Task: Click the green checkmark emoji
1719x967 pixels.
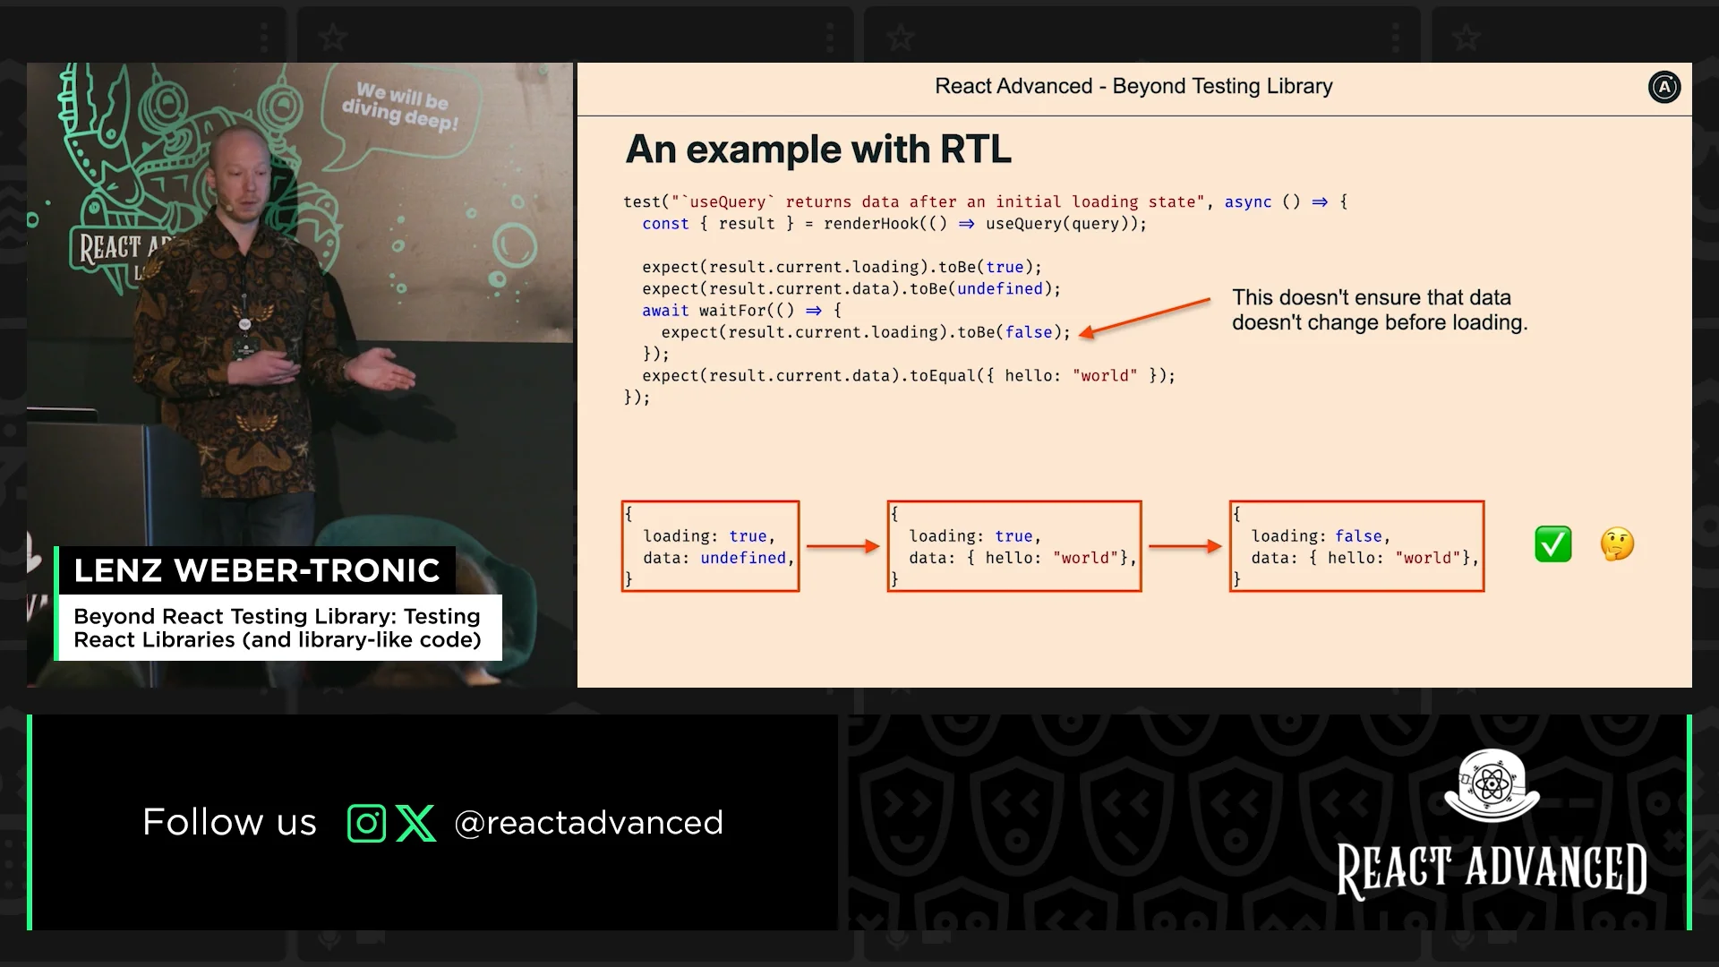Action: [1553, 544]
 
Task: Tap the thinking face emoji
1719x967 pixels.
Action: [1617, 544]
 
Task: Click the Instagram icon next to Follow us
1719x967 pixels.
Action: [366, 823]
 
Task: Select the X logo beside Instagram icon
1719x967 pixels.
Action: [415, 823]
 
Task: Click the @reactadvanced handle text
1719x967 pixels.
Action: [588, 823]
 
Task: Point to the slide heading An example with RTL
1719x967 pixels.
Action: [818, 150]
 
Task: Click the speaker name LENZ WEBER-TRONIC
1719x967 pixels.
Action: [257, 570]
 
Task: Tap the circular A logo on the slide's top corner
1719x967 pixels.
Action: [1664, 87]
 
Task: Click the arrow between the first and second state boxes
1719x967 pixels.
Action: [843, 546]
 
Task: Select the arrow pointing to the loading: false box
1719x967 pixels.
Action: [1185, 546]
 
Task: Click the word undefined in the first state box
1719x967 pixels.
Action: [743, 558]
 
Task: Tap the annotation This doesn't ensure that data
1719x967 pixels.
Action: [1372, 297]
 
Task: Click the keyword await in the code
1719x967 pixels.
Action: [665, 311]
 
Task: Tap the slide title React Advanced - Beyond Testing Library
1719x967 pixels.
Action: [1133, 86]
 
